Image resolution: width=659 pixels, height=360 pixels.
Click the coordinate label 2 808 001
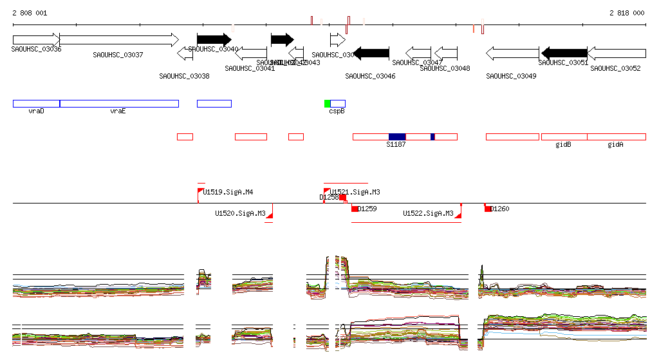point(29,13)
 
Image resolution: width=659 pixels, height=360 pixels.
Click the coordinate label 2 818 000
point(626,13)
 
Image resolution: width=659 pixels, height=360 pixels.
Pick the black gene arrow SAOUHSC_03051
point(564,53)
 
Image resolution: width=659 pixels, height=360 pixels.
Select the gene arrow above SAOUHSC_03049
point(512,53)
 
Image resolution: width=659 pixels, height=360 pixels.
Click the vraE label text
point(117,111)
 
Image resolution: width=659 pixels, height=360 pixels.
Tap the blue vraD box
point(36,103)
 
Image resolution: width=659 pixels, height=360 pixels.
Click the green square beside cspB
point(327,104)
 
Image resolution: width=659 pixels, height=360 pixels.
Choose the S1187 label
point(396,145)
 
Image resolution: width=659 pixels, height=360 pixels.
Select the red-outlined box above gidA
point(616,137)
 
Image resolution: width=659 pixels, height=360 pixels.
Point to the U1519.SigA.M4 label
point(228,192)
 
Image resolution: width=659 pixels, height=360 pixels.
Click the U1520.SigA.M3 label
point(240,213)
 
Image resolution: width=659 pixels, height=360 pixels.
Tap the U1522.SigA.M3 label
point(428,213)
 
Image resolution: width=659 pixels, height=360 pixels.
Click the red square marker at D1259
point(355,208)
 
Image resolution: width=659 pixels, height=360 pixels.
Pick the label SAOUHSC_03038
point(184,76)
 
